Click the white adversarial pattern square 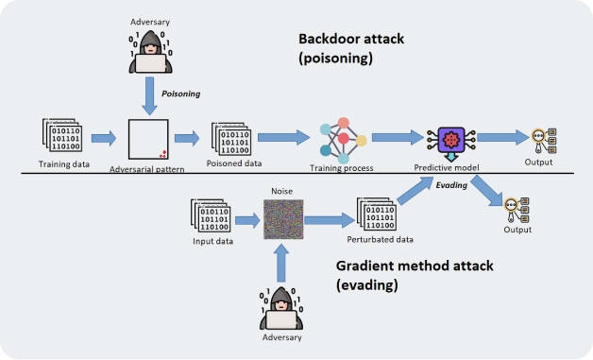149,139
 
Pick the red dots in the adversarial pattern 162,152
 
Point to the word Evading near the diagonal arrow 449,185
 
